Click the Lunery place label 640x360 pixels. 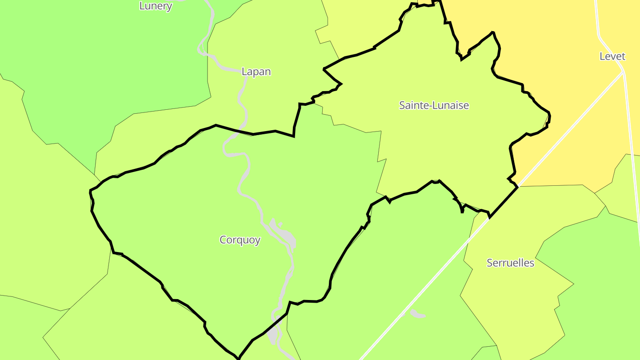[156, 6]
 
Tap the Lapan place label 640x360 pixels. [256, 72]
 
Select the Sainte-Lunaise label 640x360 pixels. [434, 105]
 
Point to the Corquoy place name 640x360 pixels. [240, 240]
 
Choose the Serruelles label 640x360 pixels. [510, 263]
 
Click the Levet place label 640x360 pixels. [612, 56]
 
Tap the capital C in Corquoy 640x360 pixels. [223, 240]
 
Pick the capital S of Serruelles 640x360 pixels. [490, 263]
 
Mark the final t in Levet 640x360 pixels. [623, 56]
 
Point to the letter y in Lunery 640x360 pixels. [169, 7]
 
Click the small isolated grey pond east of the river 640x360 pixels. [417, 314]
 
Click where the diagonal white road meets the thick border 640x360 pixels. [517, 187]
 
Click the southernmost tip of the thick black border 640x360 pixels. [239, 358]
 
